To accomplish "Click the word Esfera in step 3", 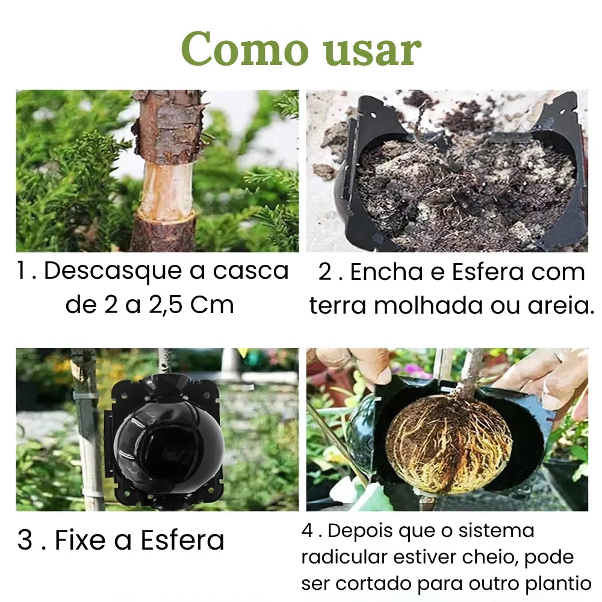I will point(182,540).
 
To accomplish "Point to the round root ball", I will point(449,444).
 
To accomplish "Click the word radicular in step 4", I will point(341,557).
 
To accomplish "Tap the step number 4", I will point(307,532).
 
